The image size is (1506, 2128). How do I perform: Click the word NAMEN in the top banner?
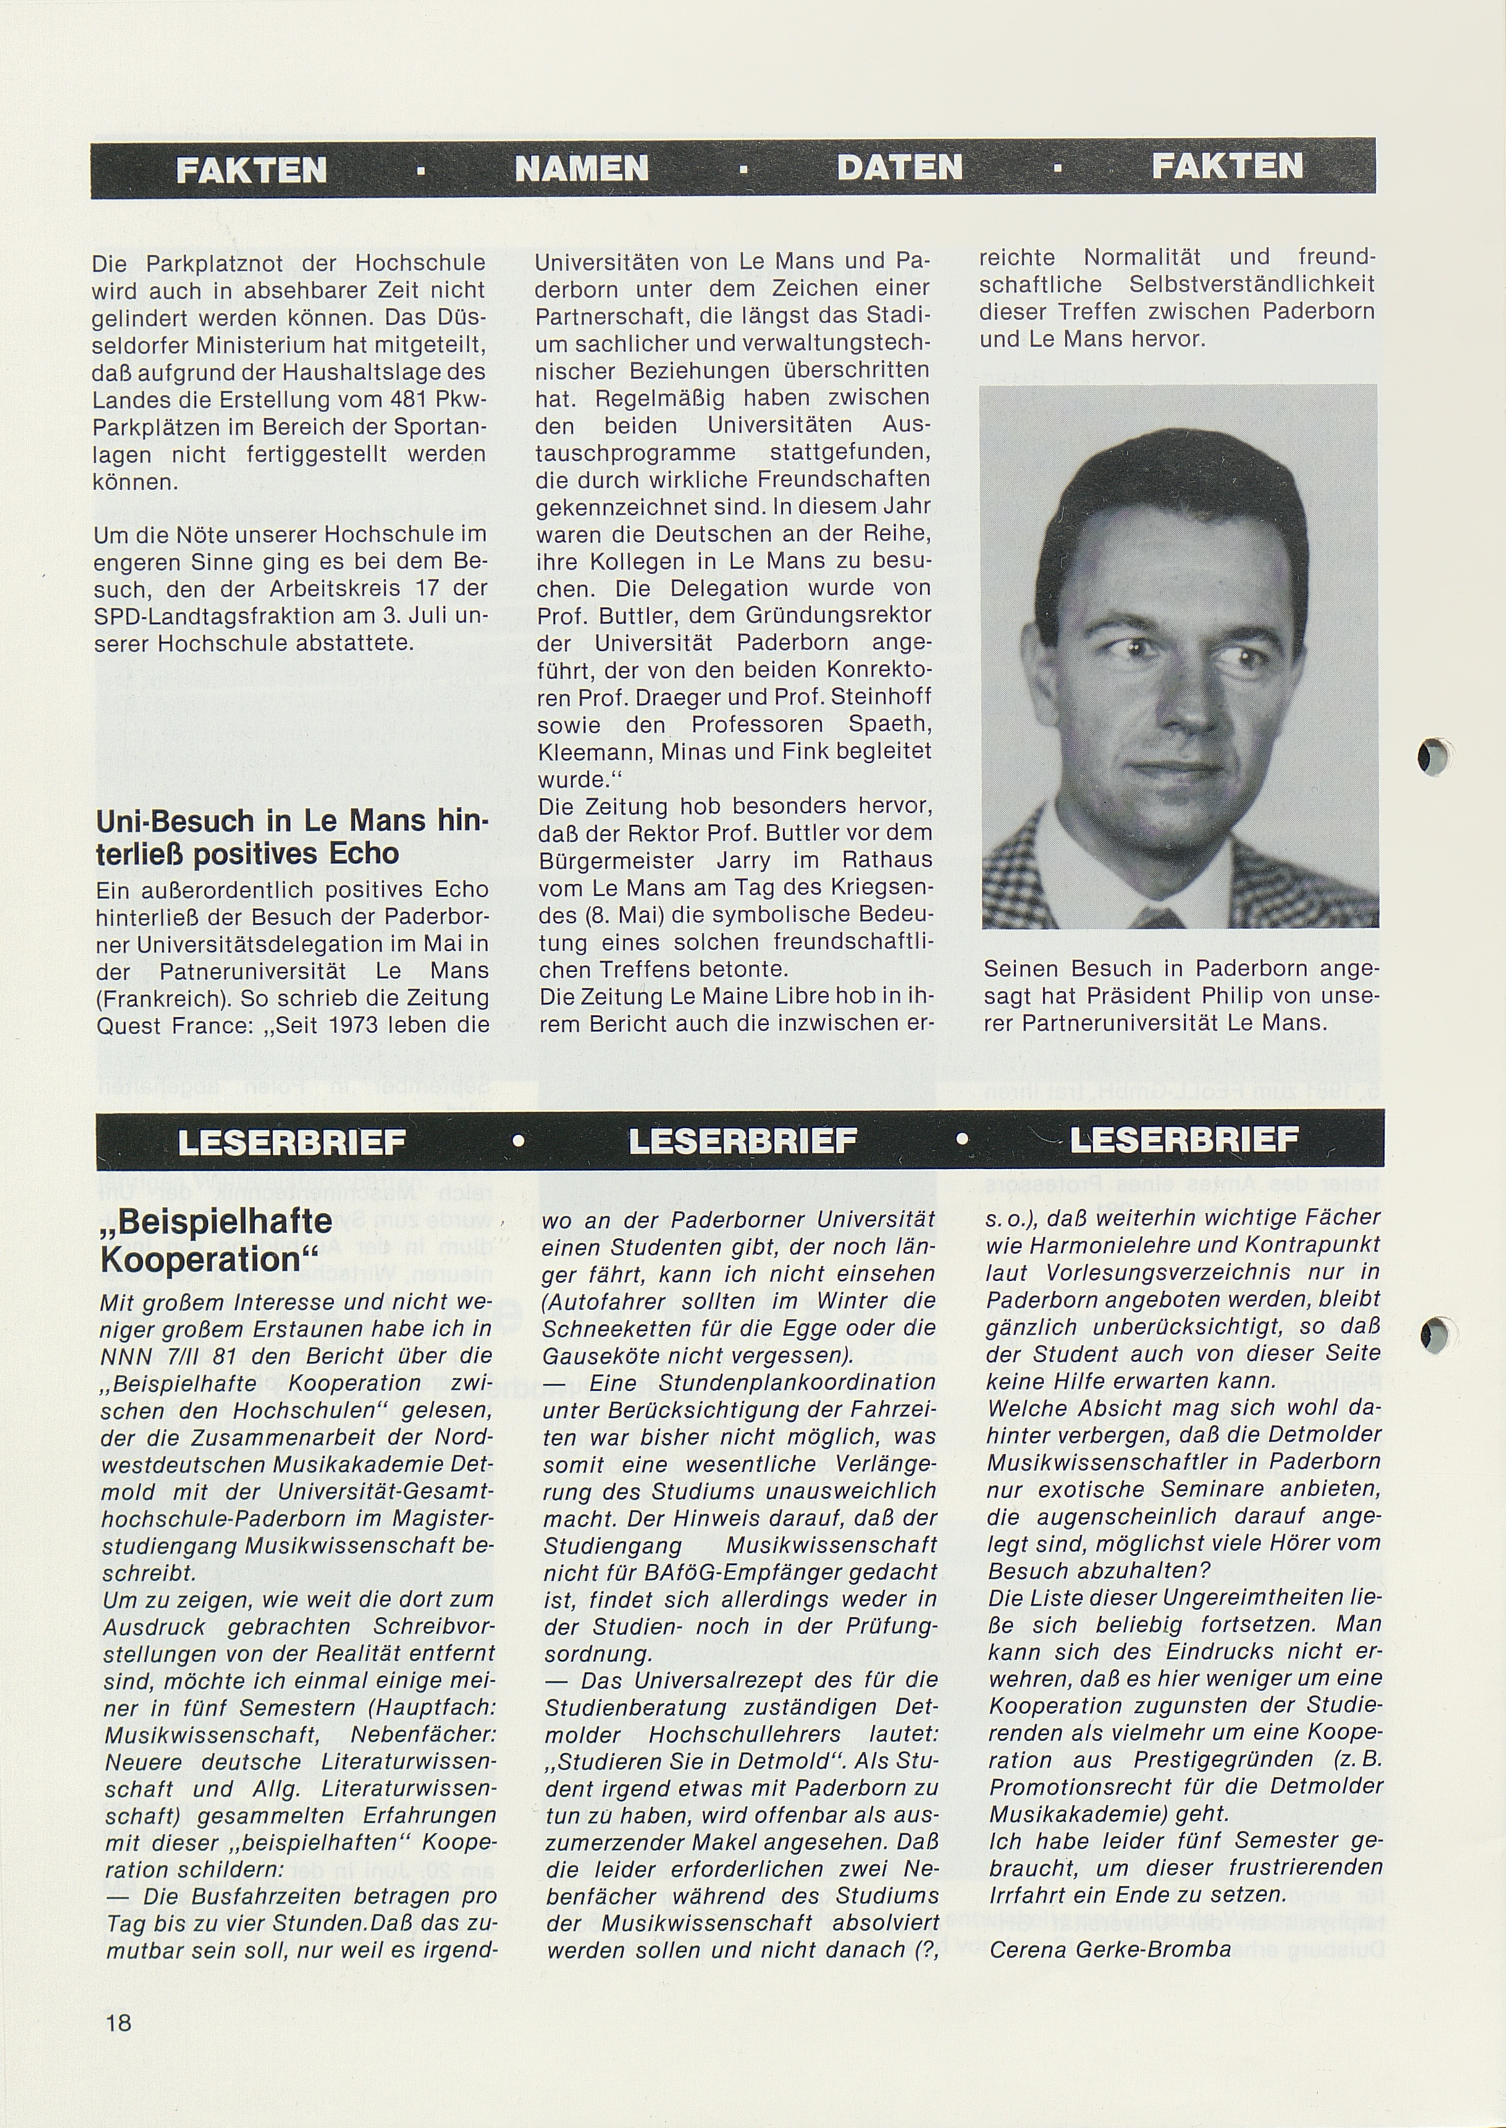pos(581,168)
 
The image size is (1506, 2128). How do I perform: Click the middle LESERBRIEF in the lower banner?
pos(742,1140)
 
